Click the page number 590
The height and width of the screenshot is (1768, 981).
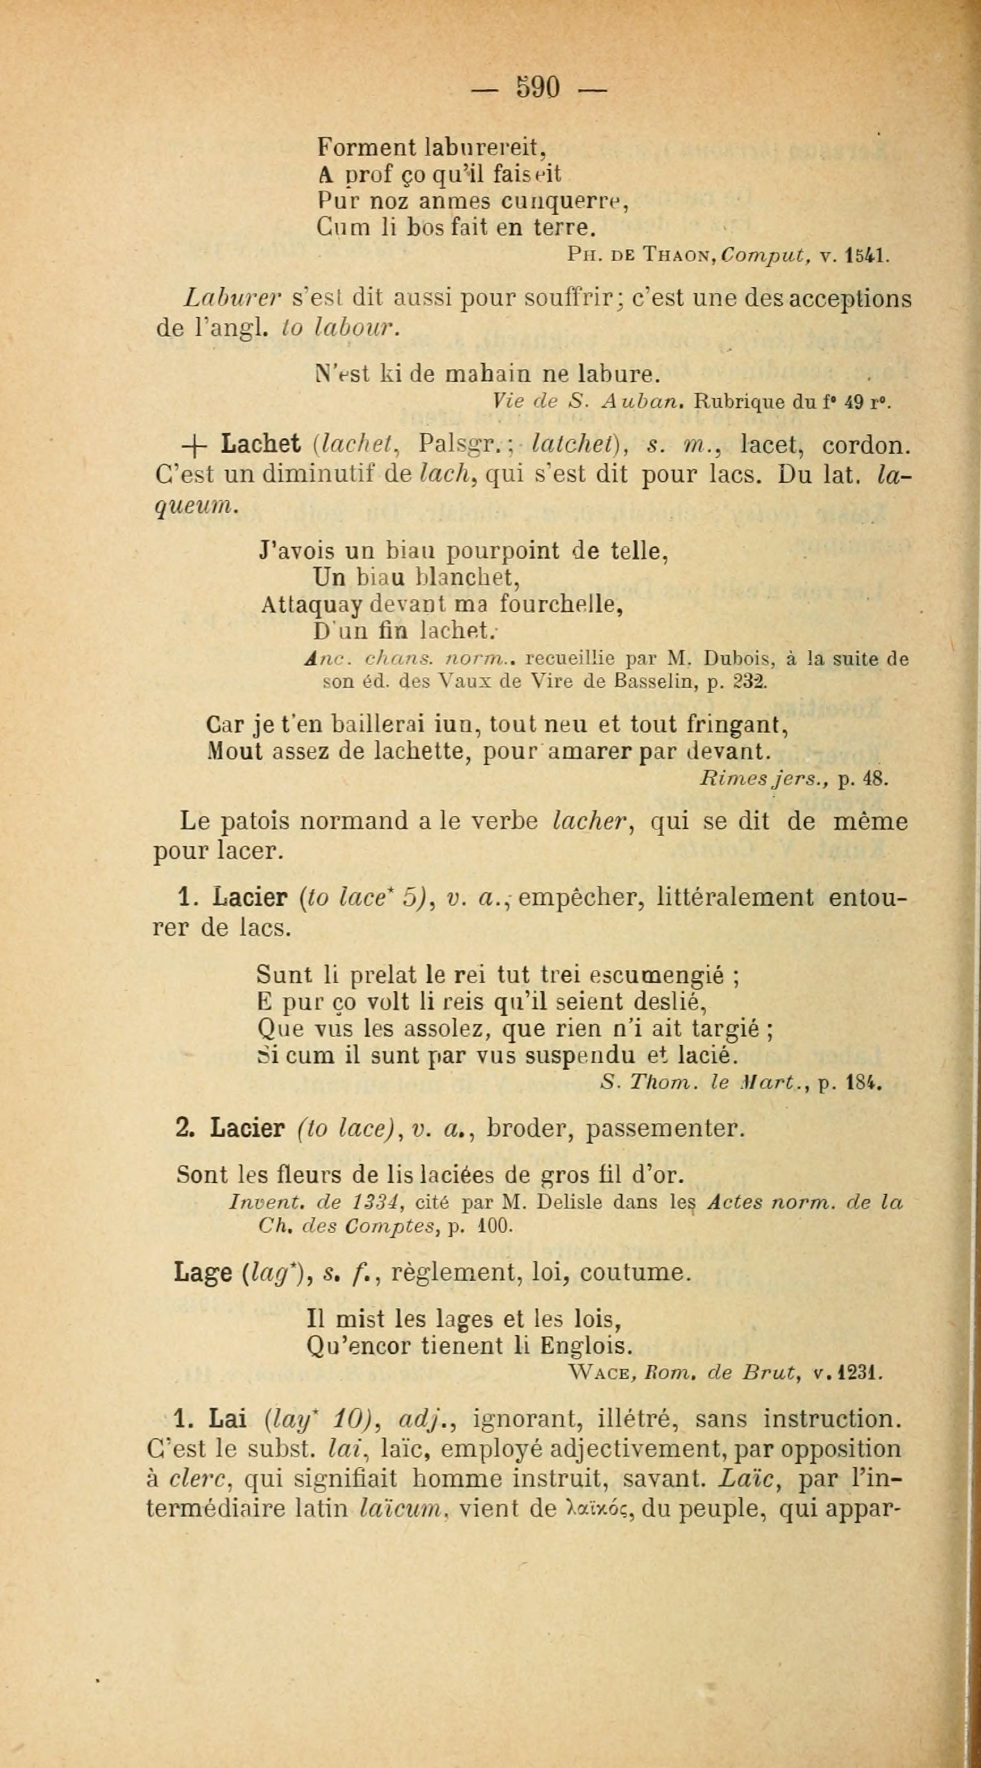pos(539,87)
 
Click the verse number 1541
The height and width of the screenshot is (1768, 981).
pos(868,256)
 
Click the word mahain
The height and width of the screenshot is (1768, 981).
pos(488,375)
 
